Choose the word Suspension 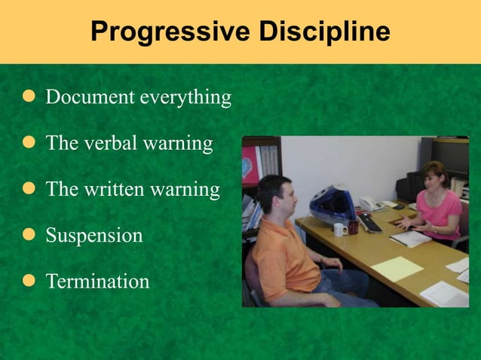[x=93, y=235]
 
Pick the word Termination [x=97, y=282]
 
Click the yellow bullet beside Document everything [x=29, y=98]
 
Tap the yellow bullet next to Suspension [x=29, y=235]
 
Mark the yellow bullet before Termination [x=29, y=282]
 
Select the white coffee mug [x=340, y=229]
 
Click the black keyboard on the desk [x=370, y=222]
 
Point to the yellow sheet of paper [x=397, y=268]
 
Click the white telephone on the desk [x=369, y=203]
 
